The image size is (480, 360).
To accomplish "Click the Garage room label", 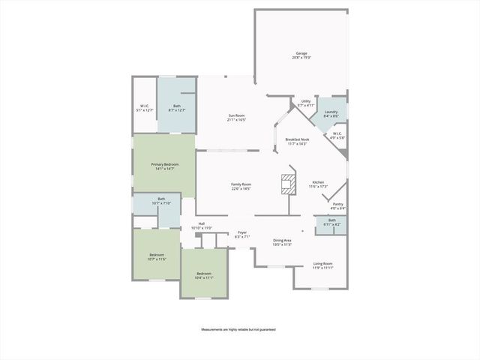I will (301, 55).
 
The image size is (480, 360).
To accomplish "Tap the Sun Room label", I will (237, 118).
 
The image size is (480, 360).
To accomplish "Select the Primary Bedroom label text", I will (164, 166).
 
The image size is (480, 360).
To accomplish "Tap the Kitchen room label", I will (318, 184).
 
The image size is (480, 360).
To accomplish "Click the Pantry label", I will (337, 206).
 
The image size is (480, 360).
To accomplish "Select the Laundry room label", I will (331, 115).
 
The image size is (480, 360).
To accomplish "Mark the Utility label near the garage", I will (305, 103).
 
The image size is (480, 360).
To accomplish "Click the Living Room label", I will (323, 265).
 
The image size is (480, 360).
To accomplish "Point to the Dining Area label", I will (282, 242).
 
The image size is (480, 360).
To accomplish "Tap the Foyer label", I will (242, 235).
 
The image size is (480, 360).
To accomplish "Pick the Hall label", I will (202, 226).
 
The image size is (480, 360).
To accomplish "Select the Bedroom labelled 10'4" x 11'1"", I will (204, 276).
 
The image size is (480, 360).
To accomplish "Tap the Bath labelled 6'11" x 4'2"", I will (331, 223).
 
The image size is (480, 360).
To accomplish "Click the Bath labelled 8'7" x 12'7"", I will (177, 108).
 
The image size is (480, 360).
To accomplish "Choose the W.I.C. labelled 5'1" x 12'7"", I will (144, 108).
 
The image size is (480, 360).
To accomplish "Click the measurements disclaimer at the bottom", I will (238, 330).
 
